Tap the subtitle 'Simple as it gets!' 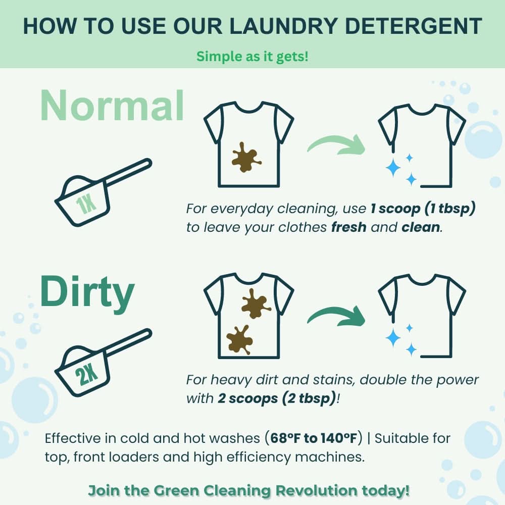[x=252, y=56]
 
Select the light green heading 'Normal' [x=112, y=106]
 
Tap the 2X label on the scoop [x=87, y=374]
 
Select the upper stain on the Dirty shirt [x=256, y=304]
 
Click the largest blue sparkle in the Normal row [x=393, y=168]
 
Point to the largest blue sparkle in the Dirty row [x=393, y=338]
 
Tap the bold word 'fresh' [x=348, y=227]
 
